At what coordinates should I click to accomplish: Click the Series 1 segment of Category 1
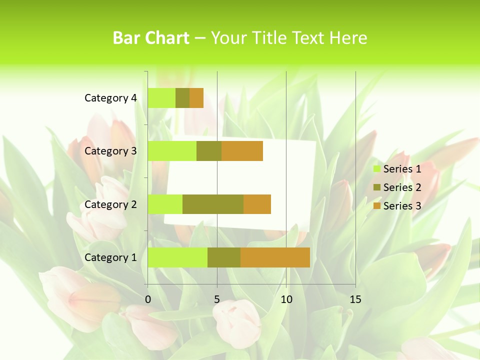(177, 257)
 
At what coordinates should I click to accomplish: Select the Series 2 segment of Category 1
(224, 257)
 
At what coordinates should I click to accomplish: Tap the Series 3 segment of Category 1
(275, 257)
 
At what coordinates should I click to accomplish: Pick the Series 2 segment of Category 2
(213, 204)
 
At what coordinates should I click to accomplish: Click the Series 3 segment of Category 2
(257, 204)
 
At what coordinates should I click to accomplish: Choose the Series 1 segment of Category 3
(172, 151)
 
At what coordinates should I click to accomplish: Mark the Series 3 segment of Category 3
(242, 151)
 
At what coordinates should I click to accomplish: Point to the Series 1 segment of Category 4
(161, 98)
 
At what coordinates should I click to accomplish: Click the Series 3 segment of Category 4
(196, 98)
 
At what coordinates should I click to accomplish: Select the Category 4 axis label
(110, 98)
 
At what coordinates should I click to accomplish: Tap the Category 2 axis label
(110, 204)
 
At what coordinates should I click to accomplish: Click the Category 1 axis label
(110, 257)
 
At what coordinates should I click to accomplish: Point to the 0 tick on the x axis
(148, 299)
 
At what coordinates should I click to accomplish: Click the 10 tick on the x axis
(286, 299)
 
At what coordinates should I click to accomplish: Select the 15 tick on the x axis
(355, 299)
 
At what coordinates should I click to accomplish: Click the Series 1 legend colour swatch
(376, 169)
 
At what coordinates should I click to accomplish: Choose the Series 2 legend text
(402, 187)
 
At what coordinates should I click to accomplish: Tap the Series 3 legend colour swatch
(376, 206)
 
